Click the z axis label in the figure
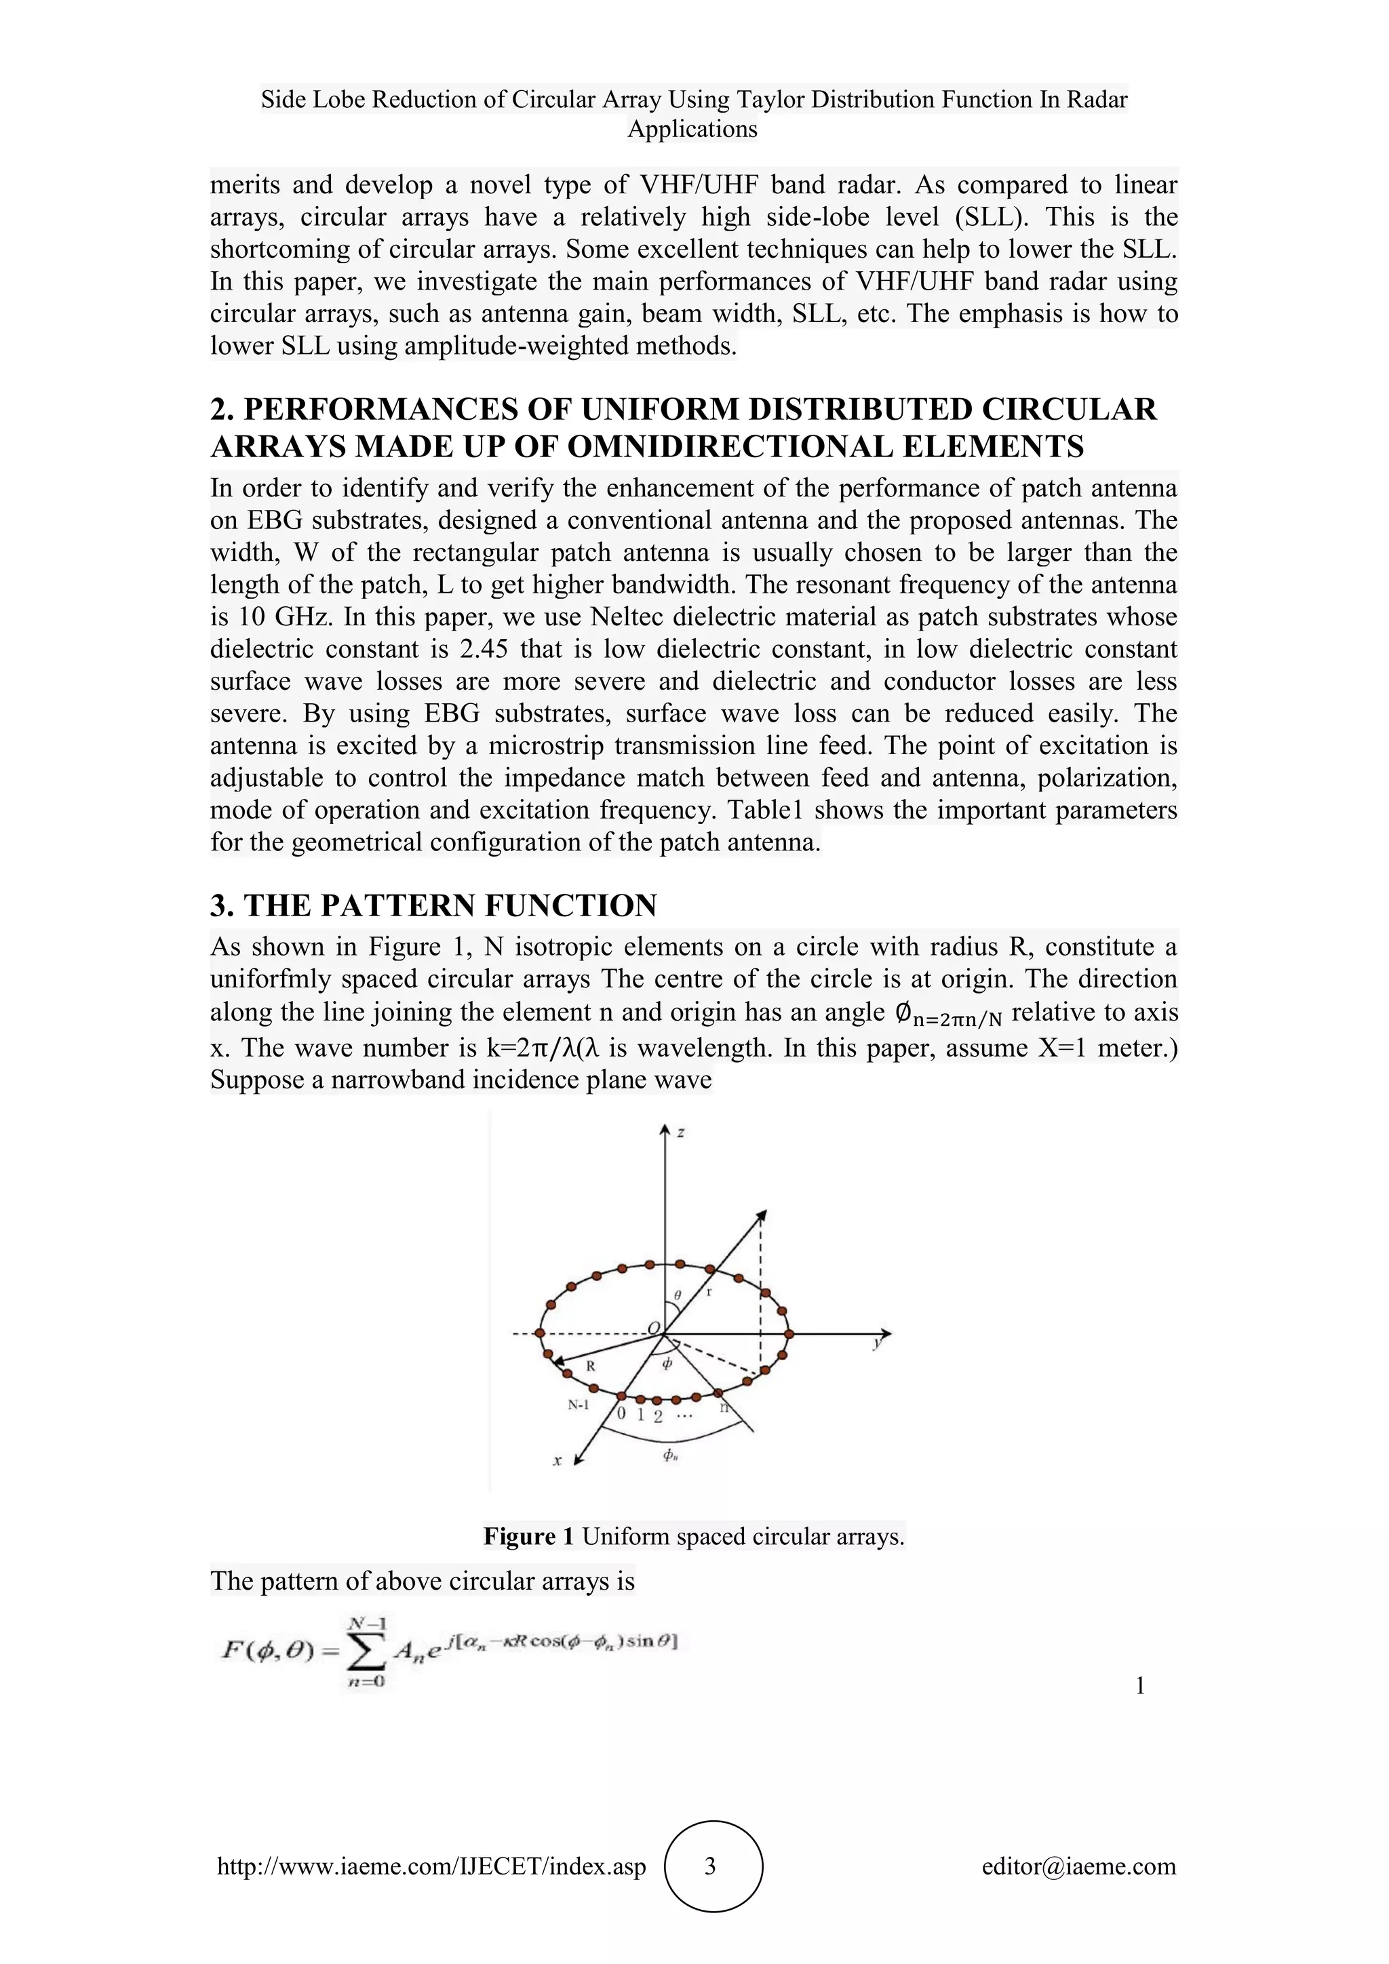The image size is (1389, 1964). click(681, 1133)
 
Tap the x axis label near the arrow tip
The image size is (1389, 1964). click(557, 1461)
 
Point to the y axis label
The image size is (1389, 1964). click(877, 1344)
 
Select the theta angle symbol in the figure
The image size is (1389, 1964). click(678, 1296)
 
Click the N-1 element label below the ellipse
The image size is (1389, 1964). click(579, 1405)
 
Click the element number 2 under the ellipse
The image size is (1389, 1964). click(658, 1417)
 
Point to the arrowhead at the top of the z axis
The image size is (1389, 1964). click(665, 1131)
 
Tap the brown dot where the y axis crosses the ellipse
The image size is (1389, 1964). click(789, 1333)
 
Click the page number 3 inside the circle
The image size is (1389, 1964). click(710, 1865)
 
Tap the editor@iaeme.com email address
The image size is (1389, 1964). click(1078, 1866)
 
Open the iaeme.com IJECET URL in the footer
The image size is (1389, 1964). click(432, 1866)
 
